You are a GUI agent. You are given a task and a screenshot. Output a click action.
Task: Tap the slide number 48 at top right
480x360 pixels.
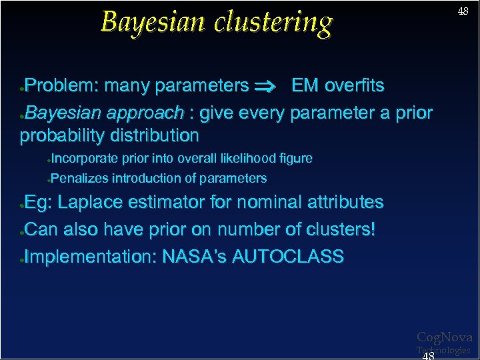pyautogui.click(x=463, y=11)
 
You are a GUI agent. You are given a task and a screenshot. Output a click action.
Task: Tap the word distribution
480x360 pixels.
pyautogui.click(x=157, y=136)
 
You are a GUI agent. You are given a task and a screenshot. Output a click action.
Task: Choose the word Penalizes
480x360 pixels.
pyautogui.click(x=79, y=178)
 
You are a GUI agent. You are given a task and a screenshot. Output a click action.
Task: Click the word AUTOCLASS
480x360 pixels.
pyautogui.click(x=288, y=257)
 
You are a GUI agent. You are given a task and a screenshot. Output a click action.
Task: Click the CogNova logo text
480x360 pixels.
pyautogui.click(x=445, y=337)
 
